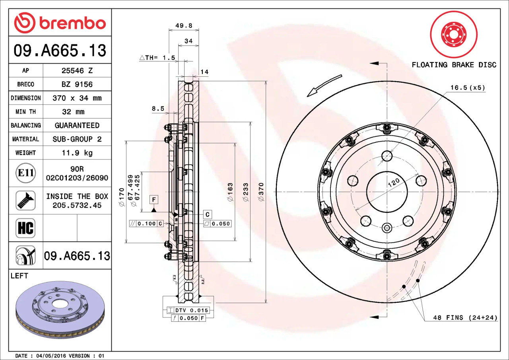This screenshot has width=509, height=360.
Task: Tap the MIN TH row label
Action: tap(25, 112)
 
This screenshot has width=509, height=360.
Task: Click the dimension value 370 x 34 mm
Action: tap(77, 98)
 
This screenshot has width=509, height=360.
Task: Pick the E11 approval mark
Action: tap(25, 173)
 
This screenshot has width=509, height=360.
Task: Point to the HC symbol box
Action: tap(25, 228)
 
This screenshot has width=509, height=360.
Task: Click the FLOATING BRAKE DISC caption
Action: tap(454, 65)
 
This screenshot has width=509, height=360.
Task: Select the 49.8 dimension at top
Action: tap(183, 25)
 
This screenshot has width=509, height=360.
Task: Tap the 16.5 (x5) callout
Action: tap(467, 88)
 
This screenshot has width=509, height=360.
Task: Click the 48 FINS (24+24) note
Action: tap(465, 317)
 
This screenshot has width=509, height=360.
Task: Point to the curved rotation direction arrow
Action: tap(324, 86)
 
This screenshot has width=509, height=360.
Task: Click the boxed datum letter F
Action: tap(154, 198)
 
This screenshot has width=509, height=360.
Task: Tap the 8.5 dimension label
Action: tap(157, 108)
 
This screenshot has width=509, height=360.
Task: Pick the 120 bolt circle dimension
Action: tap(393, 183)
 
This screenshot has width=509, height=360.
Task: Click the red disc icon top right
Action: tap(454, 34)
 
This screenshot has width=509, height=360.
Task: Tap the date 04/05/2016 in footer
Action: tap(51, 356)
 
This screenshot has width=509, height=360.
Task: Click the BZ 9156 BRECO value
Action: tap(77, 84)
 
